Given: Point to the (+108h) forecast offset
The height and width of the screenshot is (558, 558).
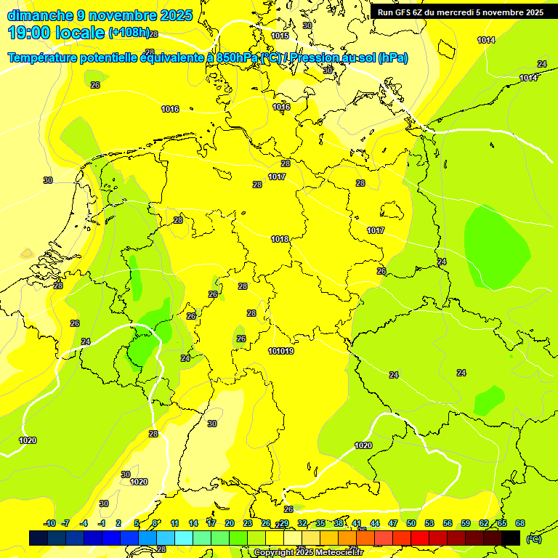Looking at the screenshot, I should [x=129, y=33].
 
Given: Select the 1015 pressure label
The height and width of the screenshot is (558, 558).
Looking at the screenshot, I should [x=280, y=36].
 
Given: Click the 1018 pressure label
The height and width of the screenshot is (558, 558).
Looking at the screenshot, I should [x=280, y=239].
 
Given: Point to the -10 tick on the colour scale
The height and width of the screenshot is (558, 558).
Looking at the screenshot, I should [x=49, y=523].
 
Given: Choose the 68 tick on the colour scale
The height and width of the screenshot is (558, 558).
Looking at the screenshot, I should [x=520, y=523].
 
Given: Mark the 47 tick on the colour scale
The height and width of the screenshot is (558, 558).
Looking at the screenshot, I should [x=393, y=523].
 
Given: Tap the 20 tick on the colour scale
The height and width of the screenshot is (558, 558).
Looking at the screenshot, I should [x=230, y=523].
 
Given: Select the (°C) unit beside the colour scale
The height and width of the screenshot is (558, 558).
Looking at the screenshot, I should [x=534, y=538].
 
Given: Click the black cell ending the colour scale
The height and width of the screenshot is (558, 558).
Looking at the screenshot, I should [x=511, y=538].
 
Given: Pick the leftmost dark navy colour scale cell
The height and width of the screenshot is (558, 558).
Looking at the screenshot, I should [x=39, y=538].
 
